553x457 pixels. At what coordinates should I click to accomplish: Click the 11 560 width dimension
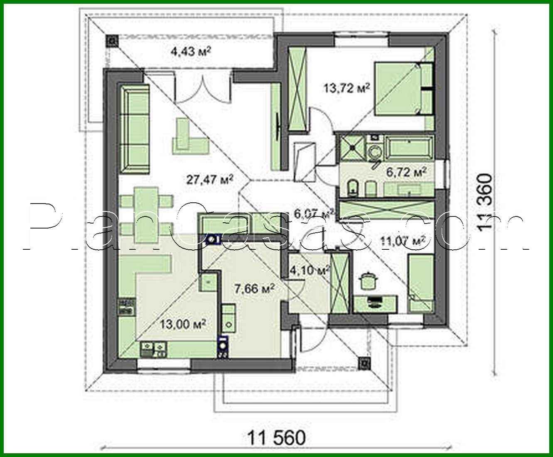[x=276, y=437]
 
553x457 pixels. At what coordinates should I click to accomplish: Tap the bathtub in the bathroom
[x=410, y=148]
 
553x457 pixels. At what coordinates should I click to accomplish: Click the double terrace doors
[x=203, y=88]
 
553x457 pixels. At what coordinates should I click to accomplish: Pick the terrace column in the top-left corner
[x=113, y=40]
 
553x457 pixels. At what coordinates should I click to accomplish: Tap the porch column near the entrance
[x=364, y=363]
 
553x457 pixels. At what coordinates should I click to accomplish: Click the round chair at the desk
[x=367, y=280]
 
